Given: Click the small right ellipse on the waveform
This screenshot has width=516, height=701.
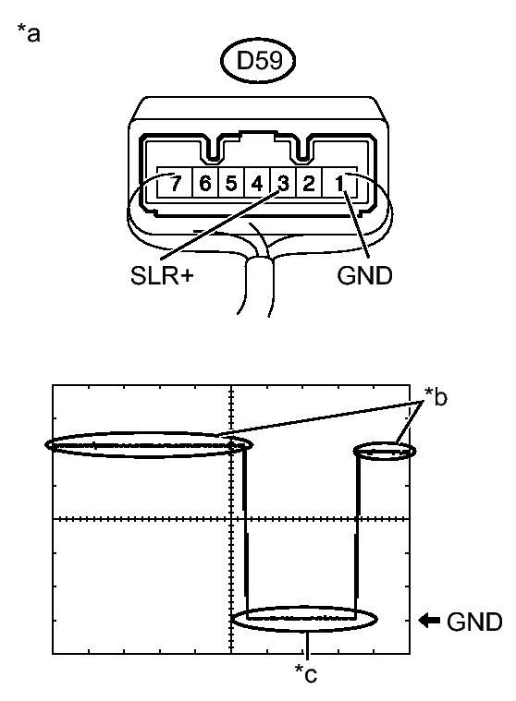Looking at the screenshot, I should pos(386,451).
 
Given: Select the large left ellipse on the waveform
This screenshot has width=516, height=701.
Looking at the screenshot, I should pos(148,445).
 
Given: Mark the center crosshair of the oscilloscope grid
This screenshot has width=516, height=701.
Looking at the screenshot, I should pos(230,519).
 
